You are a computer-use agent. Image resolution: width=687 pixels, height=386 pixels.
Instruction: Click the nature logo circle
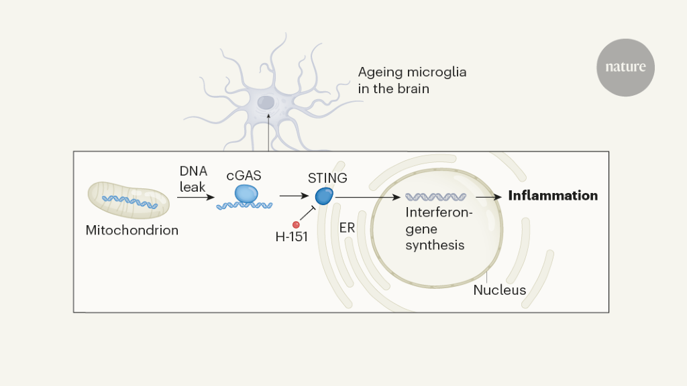(625, 67)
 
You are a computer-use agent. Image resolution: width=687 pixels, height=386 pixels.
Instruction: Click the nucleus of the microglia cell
(266, 103)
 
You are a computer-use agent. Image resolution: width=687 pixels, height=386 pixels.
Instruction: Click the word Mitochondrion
(132, 231)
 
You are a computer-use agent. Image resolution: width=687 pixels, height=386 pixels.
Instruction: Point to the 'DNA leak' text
(193, 180)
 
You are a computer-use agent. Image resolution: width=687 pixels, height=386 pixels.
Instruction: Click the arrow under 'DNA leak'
(196, 197)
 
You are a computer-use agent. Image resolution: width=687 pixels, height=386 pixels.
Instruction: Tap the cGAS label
(244, 176)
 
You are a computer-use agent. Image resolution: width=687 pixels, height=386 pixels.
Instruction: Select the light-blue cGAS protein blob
(246, 194)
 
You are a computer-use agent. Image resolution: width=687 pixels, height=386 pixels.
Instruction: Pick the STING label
(327, 178)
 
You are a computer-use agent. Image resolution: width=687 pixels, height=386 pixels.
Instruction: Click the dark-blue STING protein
(324, 196)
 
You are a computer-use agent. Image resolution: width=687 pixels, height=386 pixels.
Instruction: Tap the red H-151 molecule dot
(296, 224)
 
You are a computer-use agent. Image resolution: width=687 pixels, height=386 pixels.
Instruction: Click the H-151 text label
(292, 237)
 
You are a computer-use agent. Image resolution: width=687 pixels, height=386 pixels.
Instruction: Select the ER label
(347, 228)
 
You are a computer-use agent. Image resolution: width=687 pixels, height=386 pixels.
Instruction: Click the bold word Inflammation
(553, 196)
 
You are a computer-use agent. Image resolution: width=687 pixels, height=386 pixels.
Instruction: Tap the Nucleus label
(499, 290)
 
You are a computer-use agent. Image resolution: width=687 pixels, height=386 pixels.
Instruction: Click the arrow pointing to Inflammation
(489, 197)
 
